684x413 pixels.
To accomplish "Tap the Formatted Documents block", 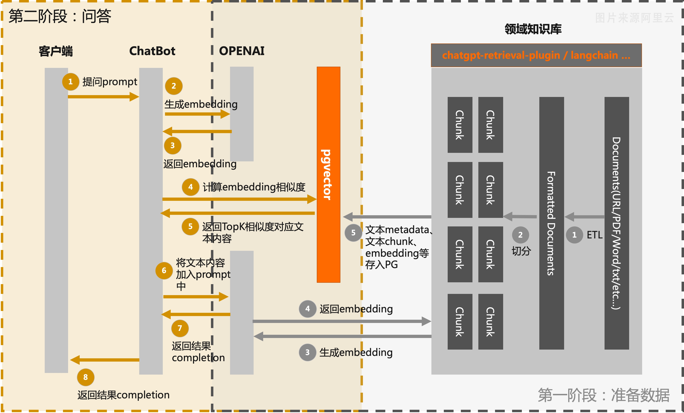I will [551, 223].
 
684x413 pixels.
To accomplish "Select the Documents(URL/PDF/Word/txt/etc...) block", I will [617, 223].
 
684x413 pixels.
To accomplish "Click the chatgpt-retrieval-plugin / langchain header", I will [536, 55].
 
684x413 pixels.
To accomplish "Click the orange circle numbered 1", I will [71, 82].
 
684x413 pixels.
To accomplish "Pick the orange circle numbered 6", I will [164, 270].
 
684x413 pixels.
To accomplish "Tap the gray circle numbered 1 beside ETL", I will [574, 235].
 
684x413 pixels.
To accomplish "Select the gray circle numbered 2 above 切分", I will [520, 235].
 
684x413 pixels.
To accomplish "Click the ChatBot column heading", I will [152, 51].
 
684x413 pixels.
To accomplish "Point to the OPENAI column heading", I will [241, 51].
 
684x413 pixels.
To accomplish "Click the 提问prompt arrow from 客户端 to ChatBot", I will [103, 97].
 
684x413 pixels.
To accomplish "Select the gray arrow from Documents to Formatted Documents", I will [584, 217].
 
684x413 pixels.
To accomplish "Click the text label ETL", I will [594, 235].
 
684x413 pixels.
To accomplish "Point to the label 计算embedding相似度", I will [254, 187].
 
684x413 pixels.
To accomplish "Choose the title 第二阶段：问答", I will [60, 16].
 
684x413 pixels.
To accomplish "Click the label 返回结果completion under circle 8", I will [123, 395].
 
